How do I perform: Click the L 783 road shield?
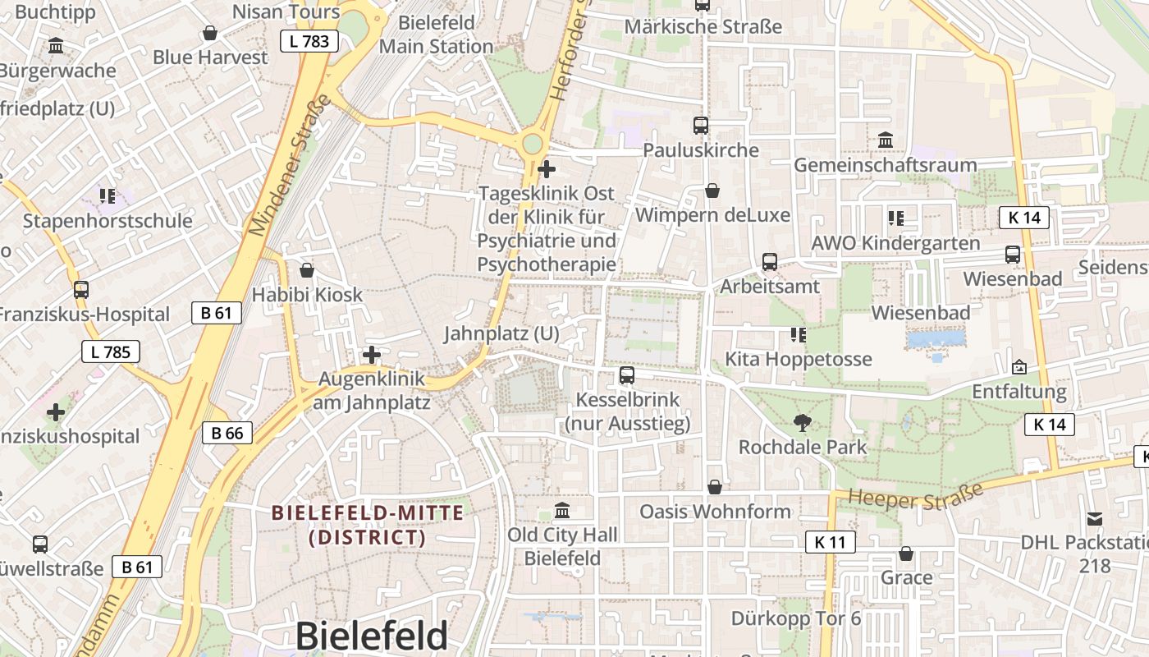coord(309,41)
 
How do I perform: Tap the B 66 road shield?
coord(227,433)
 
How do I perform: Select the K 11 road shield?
coord(830,542)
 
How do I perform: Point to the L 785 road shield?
coord(111,352)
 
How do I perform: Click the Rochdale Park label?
coord(803,448)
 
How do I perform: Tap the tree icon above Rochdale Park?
coord(803,423)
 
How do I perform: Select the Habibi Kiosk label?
coord(307,294)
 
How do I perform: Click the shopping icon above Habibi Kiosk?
coord(307,269)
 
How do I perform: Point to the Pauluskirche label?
coord(701,150)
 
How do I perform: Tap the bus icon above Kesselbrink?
coord(627,375)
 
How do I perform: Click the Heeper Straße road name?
coord(915,496)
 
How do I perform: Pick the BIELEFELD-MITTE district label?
coord(368,525)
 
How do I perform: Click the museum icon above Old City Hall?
coord(562,511)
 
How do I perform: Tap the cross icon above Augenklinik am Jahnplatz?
coord(372,355)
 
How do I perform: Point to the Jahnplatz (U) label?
coord(501,333)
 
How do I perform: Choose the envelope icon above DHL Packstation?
coord(1095,518)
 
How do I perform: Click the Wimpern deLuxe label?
coord(712,215)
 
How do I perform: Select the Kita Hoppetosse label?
coord(798,359)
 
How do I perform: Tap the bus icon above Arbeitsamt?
coord(769,262)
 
